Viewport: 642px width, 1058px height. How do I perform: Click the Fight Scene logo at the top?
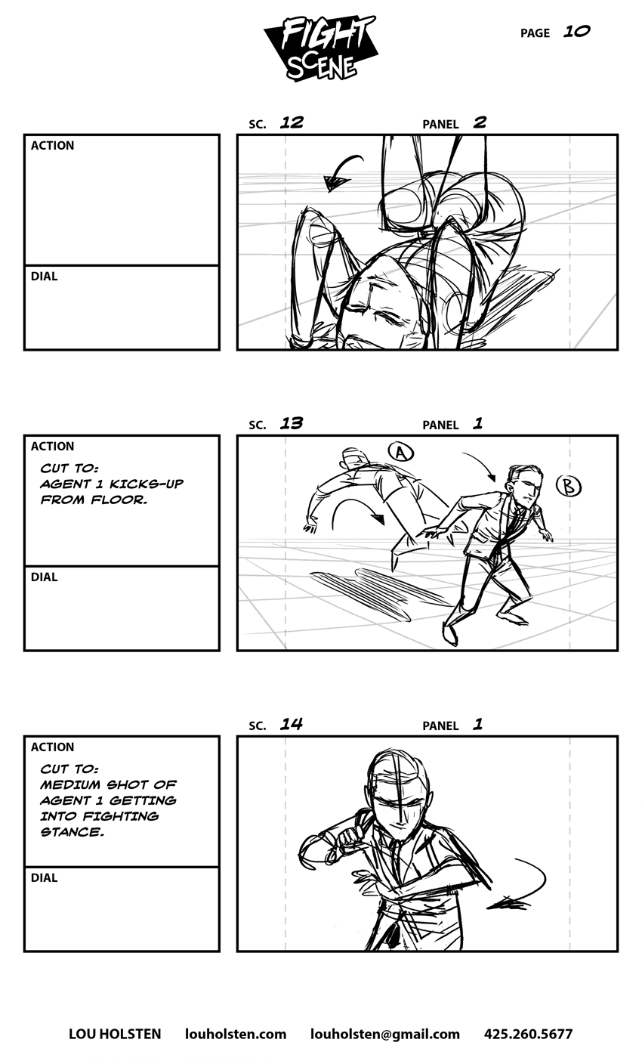(x=319, y=48)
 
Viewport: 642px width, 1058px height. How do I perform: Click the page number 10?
(x=576, y=32)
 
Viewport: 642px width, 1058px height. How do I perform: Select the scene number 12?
(x=292, y=122)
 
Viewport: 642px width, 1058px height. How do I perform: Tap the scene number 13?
(x=292, y=423)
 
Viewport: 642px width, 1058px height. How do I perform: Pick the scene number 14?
(x=292, y=724)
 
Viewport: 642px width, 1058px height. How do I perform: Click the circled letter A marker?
(x=401, y=452)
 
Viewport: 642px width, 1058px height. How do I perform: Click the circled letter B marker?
(x=568, y=486)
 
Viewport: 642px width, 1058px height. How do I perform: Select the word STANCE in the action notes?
(x=72, y=832)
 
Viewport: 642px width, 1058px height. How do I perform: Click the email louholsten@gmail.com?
(x=384, y=1034)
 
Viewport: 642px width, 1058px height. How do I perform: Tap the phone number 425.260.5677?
(x=528, y=1034)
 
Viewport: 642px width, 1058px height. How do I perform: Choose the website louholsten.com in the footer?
(x=236, y=1034)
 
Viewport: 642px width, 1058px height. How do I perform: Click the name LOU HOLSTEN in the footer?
(x=115, y=1034)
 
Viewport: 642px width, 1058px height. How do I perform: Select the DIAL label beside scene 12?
(x=44, y=277)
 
